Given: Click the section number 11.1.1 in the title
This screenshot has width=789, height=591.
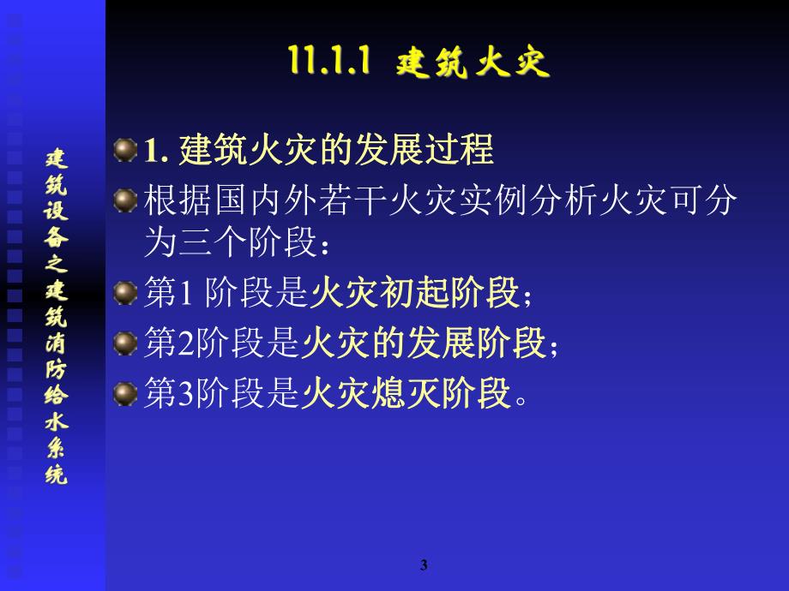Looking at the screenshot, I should (329, 63).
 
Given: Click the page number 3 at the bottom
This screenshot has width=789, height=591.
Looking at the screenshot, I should (425, 564).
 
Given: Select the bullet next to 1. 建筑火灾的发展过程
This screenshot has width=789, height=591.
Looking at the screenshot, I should (125, 151).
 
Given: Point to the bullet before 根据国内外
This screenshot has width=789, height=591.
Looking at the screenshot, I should (125, 201).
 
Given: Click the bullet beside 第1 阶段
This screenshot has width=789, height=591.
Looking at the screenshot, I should (125, 294).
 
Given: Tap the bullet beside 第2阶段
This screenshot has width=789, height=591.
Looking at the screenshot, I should (125, 344).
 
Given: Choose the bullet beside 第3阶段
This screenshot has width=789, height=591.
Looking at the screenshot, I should (125, 394).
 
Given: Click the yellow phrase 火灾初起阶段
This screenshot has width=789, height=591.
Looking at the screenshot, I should (415, 295).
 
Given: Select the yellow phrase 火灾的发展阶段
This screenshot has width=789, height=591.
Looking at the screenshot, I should (424, 344).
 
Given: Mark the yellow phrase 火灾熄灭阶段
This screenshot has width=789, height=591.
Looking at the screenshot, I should (407, 395).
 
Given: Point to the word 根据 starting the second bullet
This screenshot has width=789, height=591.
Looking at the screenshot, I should (170, 202).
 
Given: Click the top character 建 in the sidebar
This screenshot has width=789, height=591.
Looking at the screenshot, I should (57, 158).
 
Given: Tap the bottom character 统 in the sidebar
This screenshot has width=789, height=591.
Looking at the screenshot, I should (57, 475).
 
